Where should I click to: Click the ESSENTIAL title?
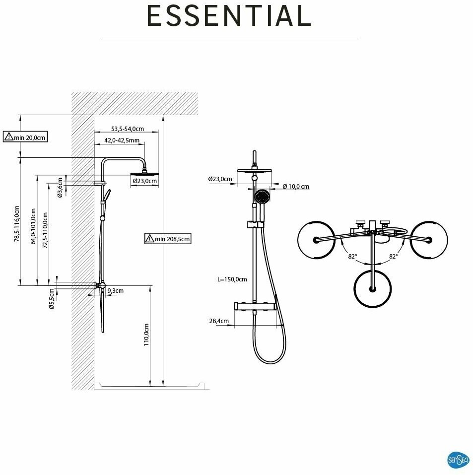[229, 16]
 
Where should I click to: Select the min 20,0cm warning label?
[26, 137]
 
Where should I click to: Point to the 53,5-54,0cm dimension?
[128, 129]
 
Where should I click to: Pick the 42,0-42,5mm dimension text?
[122, 140]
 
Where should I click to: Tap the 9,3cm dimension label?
[115, 291]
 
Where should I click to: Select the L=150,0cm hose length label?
[232, 279]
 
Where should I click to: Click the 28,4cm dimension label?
[219, 321]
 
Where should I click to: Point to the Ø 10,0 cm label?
[296, 187]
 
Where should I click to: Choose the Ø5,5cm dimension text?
[51, 299]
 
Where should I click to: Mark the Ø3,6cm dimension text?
[60, 188]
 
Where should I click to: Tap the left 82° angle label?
[352, 257]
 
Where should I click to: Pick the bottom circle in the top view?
[372, 288]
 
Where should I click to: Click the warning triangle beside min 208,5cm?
[149, 239]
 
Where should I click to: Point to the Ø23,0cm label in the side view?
[145, 181]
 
